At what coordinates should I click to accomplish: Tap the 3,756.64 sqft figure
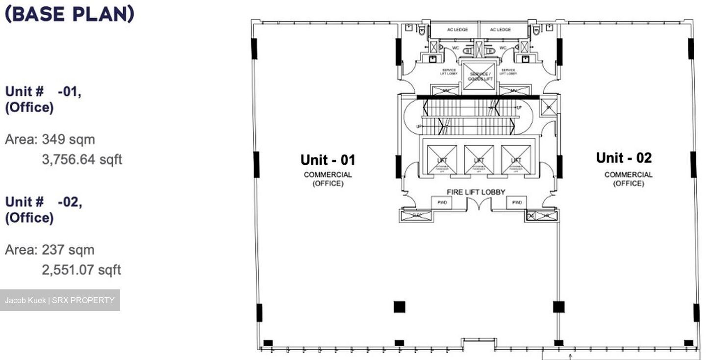click(81, 159)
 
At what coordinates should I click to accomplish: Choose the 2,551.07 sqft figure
click(81, 270)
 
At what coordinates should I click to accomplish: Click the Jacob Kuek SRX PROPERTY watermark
click(60, 300)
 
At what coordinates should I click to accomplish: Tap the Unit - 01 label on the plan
click(328, 160)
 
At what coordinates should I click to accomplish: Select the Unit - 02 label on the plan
click(624, 158)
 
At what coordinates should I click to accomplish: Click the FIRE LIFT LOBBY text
click(476, 192)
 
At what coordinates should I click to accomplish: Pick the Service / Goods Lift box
click(479, 77)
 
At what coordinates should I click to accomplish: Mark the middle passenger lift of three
click(479, 160)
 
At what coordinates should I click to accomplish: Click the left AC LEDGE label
click(457, 30)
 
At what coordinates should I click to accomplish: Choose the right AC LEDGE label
click(500, 30)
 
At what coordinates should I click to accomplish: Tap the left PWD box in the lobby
click(442, 202)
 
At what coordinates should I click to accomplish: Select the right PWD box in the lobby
click(516, 202)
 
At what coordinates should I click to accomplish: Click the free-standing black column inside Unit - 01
click(399, 307)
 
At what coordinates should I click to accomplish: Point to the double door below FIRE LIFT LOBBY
click(479, 204)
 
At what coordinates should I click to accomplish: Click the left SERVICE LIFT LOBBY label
click(449, 72)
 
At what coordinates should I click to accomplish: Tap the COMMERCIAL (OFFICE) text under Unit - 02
click(628, 179)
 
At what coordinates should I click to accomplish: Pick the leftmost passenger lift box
click(442, 160)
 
